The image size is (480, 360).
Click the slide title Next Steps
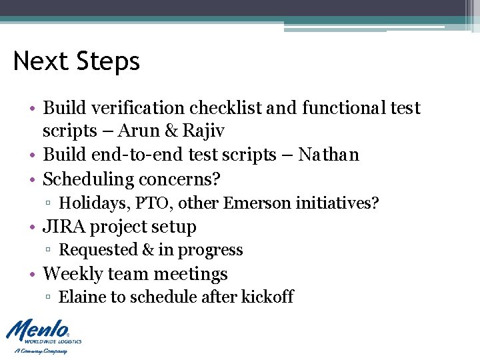(x=77, y=61)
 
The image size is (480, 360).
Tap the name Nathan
(x=329, y=155)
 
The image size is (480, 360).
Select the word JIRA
(x=64, y=227)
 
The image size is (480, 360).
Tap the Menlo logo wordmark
(x=37, y=331)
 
